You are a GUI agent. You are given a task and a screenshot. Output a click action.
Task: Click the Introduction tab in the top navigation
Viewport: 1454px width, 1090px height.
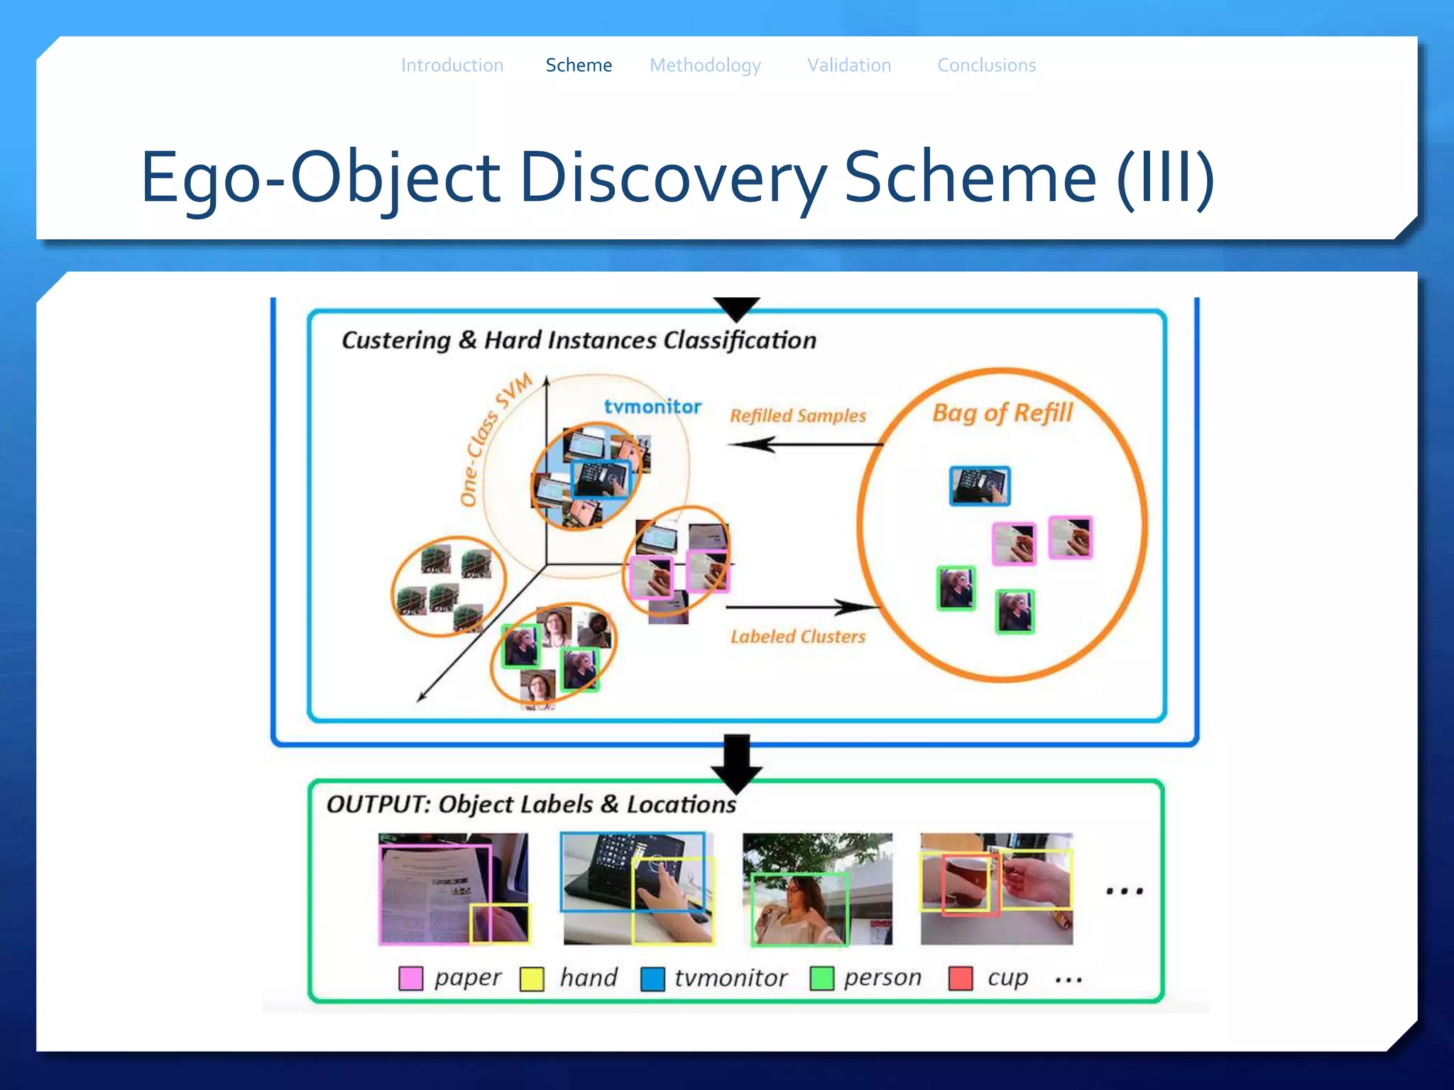[452, 65]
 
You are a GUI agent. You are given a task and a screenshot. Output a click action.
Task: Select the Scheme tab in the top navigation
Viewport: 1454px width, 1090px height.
[579, 65]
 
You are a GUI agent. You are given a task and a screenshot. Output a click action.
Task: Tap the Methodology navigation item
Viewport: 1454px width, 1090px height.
[705, 65]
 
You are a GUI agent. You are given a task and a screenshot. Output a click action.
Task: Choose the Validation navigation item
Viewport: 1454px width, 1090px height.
[849, 65]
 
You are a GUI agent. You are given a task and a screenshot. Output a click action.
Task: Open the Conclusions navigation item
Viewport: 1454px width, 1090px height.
[986, 65]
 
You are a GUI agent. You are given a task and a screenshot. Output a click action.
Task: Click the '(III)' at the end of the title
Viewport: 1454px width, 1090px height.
[1165, 177]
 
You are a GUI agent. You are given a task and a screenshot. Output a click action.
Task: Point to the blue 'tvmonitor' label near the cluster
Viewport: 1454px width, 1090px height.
[652, 407]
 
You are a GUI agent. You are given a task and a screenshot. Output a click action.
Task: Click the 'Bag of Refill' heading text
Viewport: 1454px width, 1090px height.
[1002, 412]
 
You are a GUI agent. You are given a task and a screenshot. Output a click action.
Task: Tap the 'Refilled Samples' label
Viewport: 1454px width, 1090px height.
[798, 416]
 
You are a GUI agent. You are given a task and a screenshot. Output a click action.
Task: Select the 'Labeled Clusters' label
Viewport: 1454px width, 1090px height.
[798, 637]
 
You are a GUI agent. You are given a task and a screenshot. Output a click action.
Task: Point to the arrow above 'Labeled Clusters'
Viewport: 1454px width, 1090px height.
[802, 607]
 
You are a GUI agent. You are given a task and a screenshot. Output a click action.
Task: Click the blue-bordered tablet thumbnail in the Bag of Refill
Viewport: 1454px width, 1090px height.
[980, 486]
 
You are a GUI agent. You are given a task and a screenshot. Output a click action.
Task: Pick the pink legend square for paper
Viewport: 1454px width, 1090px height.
[411, 979]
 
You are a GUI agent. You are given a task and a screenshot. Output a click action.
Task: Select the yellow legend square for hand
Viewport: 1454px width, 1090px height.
[532, 979]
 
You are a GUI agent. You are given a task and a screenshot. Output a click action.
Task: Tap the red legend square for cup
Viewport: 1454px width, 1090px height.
[961, 978]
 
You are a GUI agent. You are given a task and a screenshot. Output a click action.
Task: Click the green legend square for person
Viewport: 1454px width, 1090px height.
[821, 978]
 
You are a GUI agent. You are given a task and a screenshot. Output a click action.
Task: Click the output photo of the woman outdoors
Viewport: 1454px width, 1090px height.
[817, 888]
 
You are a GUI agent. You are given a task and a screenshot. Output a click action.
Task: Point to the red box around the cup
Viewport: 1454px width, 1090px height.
[970, 884]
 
